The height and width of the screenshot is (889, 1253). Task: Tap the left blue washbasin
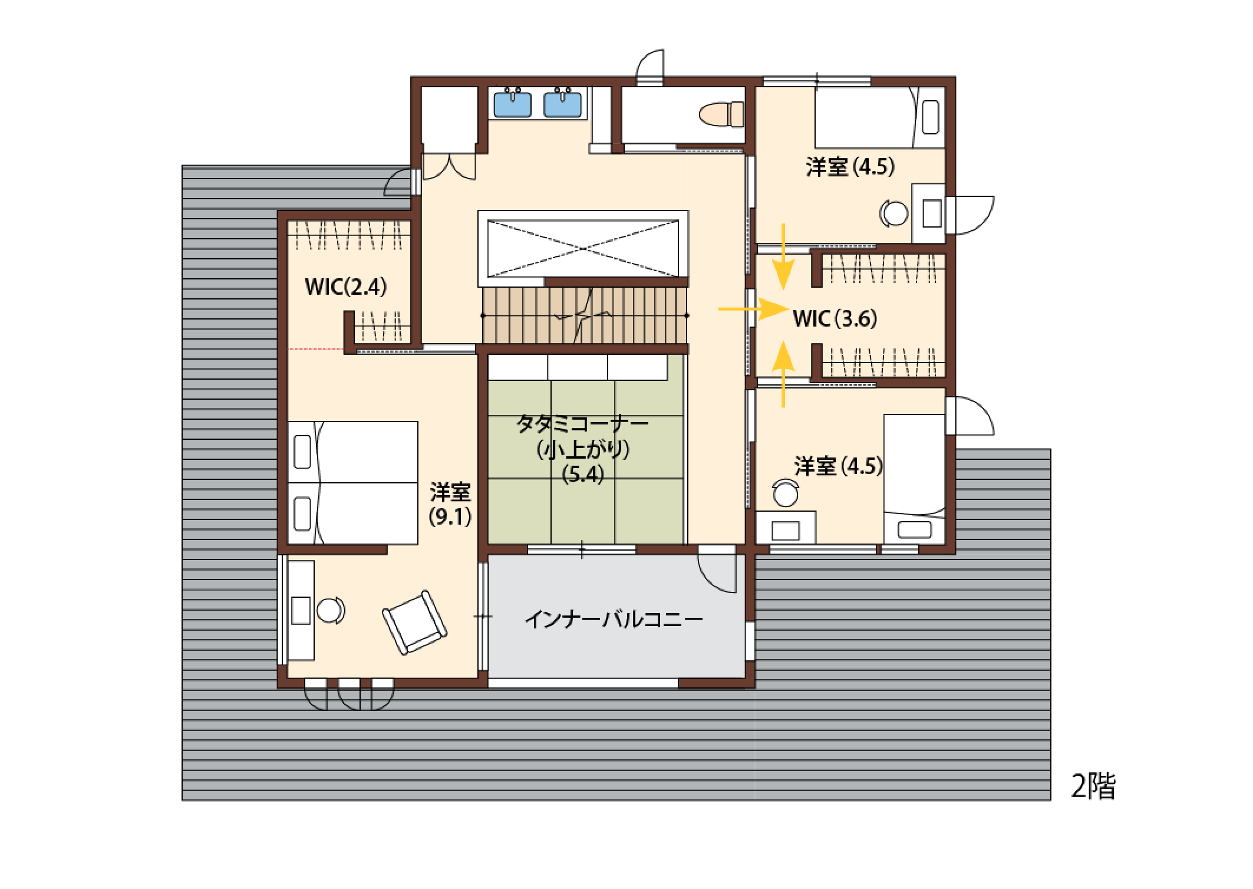512,103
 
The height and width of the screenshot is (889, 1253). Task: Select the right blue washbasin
563,103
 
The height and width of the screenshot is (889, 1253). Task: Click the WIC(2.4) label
345,287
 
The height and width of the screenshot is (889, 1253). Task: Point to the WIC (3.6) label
835,319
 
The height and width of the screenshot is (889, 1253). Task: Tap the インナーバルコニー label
614,620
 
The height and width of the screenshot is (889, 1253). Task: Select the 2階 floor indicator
1093,786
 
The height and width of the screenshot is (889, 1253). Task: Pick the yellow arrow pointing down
783,257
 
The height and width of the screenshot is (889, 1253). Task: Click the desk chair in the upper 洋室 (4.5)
894,213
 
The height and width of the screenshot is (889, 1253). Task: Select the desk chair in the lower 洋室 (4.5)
786,493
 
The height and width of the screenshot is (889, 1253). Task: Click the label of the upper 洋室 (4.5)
850,167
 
